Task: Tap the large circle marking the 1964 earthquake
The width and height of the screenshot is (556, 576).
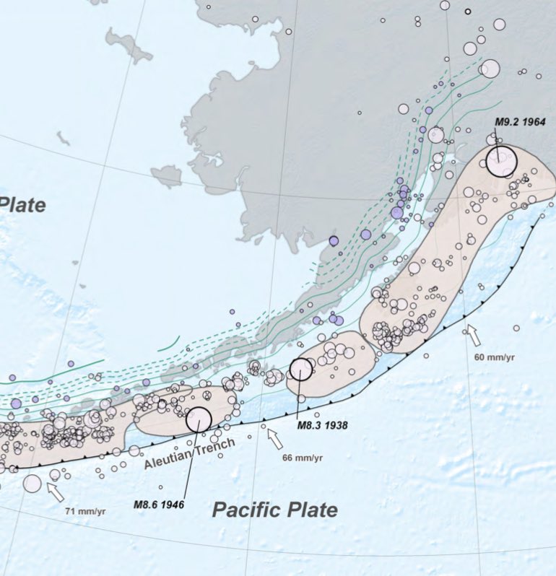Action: tap(501, 160)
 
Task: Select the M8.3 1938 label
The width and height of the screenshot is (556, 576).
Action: tap(323, 425)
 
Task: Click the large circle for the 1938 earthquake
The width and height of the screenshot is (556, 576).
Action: tap(301, 369)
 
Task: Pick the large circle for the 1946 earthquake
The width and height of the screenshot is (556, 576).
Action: tap(199, 419)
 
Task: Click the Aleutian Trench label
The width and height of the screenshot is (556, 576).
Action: tap(189, 454)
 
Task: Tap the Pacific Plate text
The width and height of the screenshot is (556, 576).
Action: tap(274, 510)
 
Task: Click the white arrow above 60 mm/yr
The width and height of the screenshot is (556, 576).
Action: tap(473, 334)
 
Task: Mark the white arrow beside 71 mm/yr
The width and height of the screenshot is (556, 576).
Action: tap(55, 492)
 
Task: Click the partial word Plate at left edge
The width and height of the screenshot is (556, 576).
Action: tap(22, 204)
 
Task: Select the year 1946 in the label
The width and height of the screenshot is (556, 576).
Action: tap(172, 504)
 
